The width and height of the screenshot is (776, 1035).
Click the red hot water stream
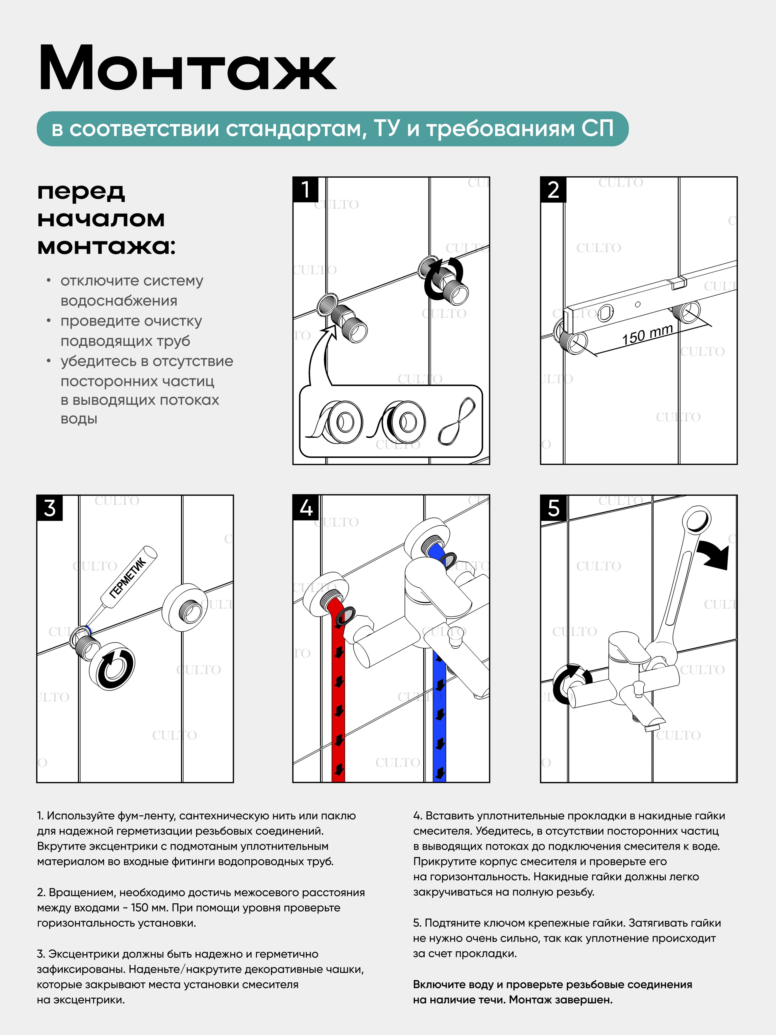click(338, 693)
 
